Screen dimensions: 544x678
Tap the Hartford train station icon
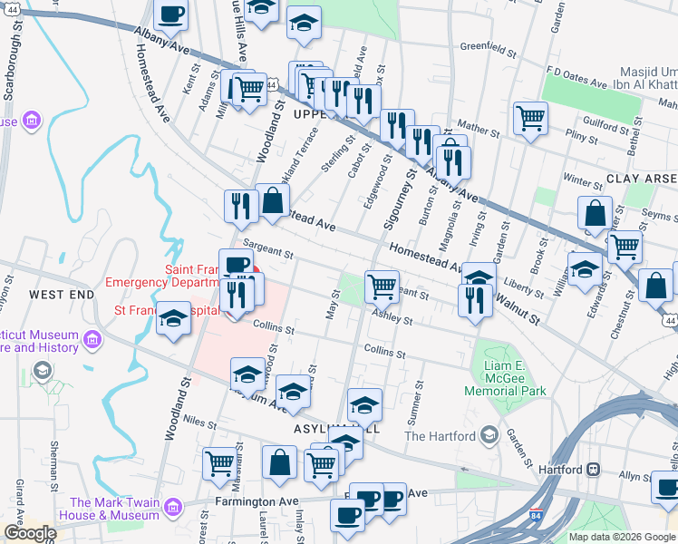(x=595, y=469)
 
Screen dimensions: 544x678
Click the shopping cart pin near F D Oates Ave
(x=530, y=118)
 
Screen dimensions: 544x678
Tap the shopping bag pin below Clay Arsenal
(x=595, y=215)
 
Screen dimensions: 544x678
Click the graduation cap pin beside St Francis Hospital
(x=173, y=320)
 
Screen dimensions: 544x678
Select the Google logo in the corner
(x=30, y=533)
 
